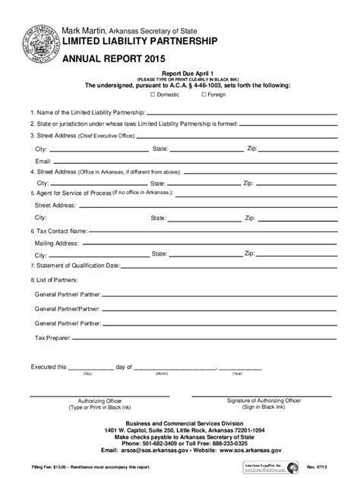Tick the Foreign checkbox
(x=205, y=96)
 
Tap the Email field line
(x=190, y=162)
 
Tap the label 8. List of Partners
(x=55, y=281)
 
